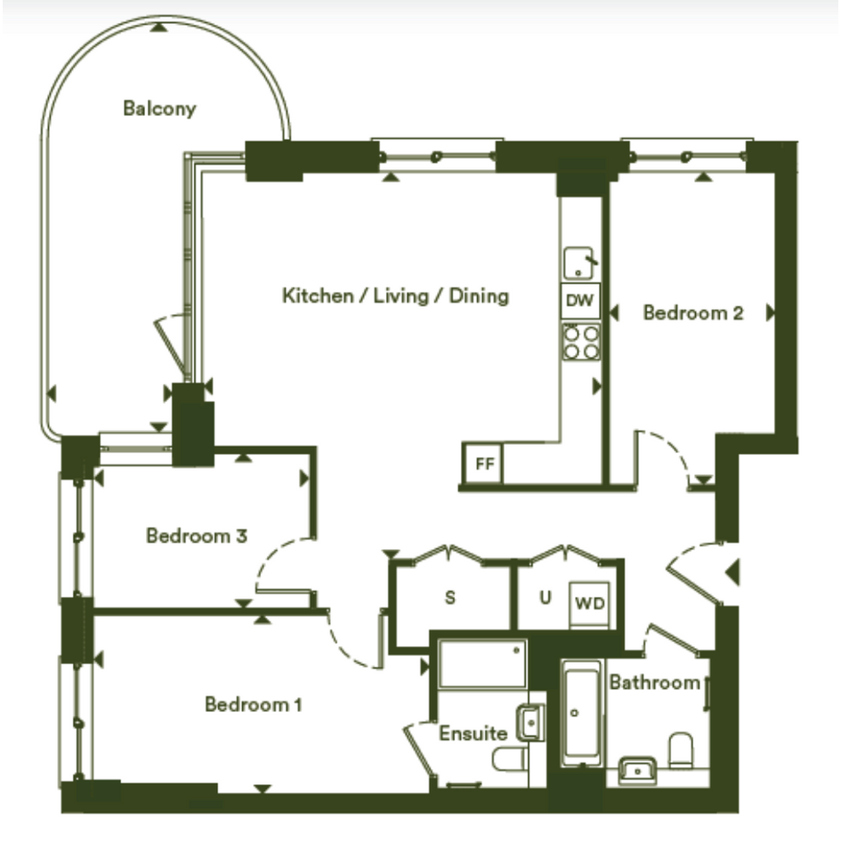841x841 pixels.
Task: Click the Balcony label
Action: [x=159, y=109]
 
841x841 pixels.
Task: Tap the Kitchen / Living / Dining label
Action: [x=395, y=295]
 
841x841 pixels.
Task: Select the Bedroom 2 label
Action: [x=693, y=312]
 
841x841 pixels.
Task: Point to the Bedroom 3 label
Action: [x=197, y=535]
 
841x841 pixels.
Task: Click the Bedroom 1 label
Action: [x=253, y=704]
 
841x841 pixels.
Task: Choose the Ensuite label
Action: [x=473, y=733]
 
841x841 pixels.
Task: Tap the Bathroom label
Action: [x=654, y=683]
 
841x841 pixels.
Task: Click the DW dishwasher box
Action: [x=580, y=301]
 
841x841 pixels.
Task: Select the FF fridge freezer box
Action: [x=484, y=463]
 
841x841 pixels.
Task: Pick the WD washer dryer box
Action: [x=589, y=604]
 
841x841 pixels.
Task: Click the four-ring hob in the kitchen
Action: [x=581, y=343]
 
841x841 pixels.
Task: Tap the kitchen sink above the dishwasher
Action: [x=579, y=263]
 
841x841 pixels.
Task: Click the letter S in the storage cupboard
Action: [x=450, y=597]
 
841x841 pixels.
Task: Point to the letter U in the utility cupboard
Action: [x=546, y=597]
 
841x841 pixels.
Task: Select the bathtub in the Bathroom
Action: [x=582, y=714]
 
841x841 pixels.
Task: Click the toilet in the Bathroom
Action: [x=681, y=750]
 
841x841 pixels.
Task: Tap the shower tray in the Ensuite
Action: [x=482, y=664]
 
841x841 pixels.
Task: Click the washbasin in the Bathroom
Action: [x=637, y=770]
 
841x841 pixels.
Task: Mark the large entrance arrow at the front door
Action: [x=732, y=572]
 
